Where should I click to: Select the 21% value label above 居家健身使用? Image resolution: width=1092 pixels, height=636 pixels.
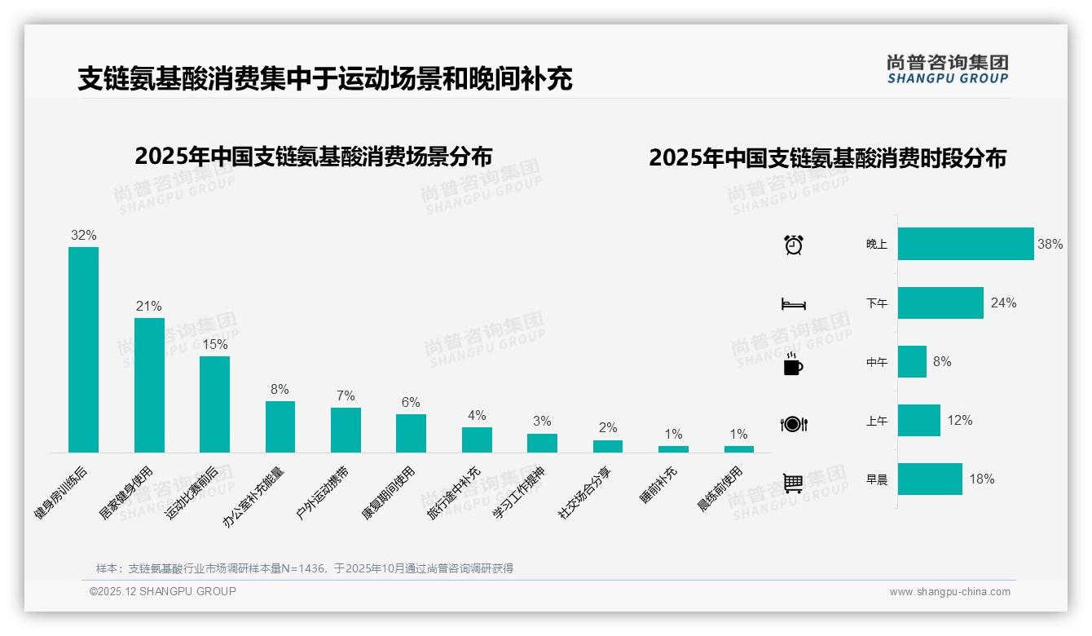click(148, 306)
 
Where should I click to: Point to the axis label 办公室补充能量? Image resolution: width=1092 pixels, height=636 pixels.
click(253, 497)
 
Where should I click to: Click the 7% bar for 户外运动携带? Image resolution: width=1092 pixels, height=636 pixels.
click(346, 430)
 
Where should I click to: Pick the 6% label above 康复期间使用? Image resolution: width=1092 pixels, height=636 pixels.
click(411, 402)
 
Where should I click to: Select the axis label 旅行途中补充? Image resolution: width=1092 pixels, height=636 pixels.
click(453, 493)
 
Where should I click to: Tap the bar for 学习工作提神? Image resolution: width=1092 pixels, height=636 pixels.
click(542, 443)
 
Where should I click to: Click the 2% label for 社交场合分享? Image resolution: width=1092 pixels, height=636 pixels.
click(608, 427)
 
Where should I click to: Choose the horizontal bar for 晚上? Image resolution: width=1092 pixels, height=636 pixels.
click(966, 244)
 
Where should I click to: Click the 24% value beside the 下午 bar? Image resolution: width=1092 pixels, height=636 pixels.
click(1003, 303)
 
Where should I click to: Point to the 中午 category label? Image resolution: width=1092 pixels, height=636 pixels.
click(877, 362)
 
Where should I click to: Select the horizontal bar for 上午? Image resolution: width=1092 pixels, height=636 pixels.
click(919, 421)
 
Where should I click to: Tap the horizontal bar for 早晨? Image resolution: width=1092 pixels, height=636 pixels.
click(930, 479)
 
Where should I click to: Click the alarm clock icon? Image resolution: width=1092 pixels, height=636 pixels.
click(793, 244)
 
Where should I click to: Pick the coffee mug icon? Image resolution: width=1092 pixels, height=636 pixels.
click(793, 364)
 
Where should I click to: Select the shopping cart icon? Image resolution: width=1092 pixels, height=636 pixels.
click(793, 483)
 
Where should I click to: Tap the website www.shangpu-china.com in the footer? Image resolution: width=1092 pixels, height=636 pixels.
click(949, 592)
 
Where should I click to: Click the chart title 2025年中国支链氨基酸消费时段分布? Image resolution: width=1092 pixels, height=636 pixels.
click(827, 158)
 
